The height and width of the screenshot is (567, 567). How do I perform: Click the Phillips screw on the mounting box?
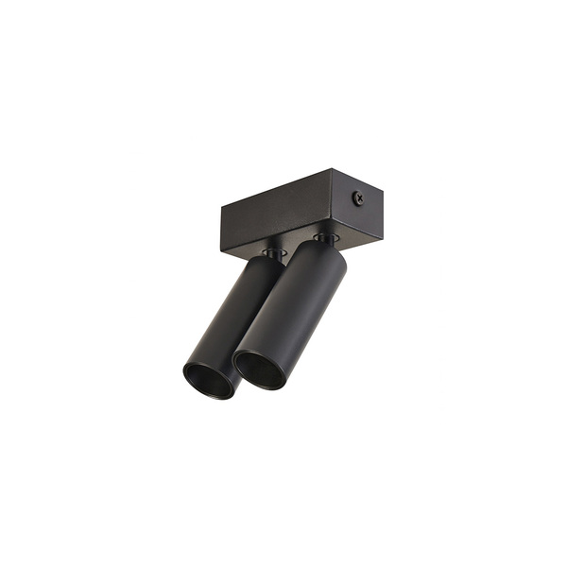pos(358,198)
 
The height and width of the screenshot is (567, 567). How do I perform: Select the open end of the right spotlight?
pos(260,370)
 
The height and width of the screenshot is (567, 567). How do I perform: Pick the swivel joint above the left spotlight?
pos(273,253)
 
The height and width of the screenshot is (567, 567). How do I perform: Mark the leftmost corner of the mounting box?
pos(221,209)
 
